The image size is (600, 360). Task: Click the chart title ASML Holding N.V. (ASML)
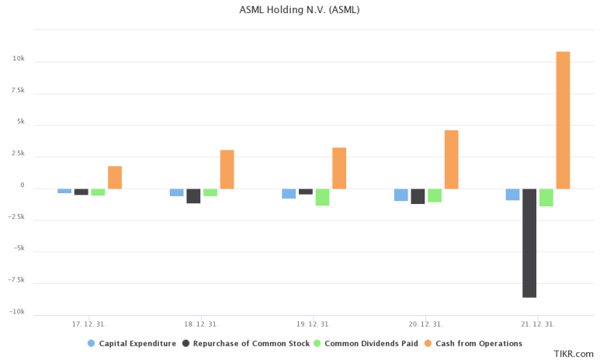tap(300, 10)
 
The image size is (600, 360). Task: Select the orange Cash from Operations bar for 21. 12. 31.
tap(563, 120)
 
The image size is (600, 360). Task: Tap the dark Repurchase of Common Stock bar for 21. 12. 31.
tap(529, 243)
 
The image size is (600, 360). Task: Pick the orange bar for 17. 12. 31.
tap(115, 178)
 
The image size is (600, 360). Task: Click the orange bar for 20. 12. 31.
tap(451, 159)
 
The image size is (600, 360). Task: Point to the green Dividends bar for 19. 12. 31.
tap(322, 197)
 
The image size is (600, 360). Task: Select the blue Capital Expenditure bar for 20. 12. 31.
tap(401, 195)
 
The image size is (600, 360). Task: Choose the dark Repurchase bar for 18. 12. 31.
tap(193, 196)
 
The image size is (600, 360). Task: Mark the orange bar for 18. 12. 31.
tap(227, 169)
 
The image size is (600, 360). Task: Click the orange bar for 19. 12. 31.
tap(339, 168)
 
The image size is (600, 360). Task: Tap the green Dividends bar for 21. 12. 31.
tap(546, 197)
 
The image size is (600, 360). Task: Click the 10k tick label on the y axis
tap(19, 60)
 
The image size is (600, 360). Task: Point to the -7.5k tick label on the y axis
tap(16, 281)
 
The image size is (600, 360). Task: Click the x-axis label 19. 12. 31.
tap(314, 324)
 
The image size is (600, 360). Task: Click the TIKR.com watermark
tap(574, 353)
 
